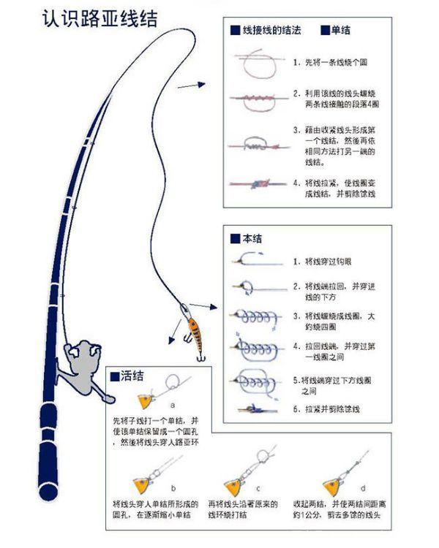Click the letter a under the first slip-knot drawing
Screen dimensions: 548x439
pos(172,403)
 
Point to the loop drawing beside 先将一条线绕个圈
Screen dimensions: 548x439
pos(256,64)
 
